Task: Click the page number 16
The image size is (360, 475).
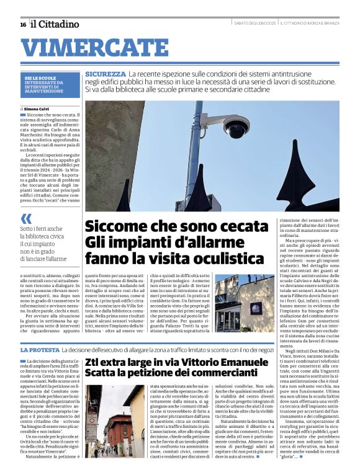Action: [23, 24]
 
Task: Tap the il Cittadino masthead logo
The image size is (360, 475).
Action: [55, 24]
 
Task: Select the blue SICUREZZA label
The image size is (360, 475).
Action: [106, 74]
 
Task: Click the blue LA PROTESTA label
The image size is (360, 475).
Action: [40, 350]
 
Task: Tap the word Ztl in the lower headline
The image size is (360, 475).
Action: [94, 363]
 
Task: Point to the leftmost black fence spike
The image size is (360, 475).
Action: [124, 198]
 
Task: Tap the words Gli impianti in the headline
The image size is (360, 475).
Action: [122, 241]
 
